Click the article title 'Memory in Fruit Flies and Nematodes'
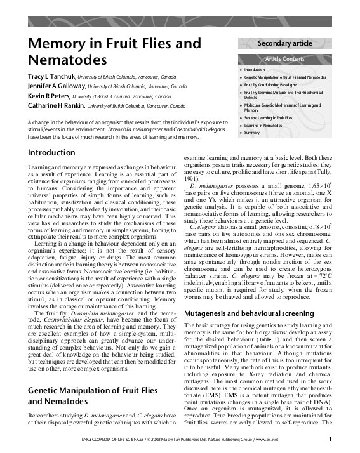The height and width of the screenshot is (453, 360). pyautogui.click(x=114, y=53)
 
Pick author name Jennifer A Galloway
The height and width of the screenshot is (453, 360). pyautogui.click(x=57, y=86)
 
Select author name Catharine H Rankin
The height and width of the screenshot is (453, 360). pyautogui.click(x=57, y=106)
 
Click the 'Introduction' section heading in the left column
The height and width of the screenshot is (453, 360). pyautogui.click(x=51, y=153)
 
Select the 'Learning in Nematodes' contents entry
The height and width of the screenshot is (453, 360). pyautogui.click(x=263, y=126)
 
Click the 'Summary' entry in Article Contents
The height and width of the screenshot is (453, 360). pyautogui.click(x=252, y=133)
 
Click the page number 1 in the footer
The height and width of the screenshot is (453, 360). pyautogui.click(x=330, y=438)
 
